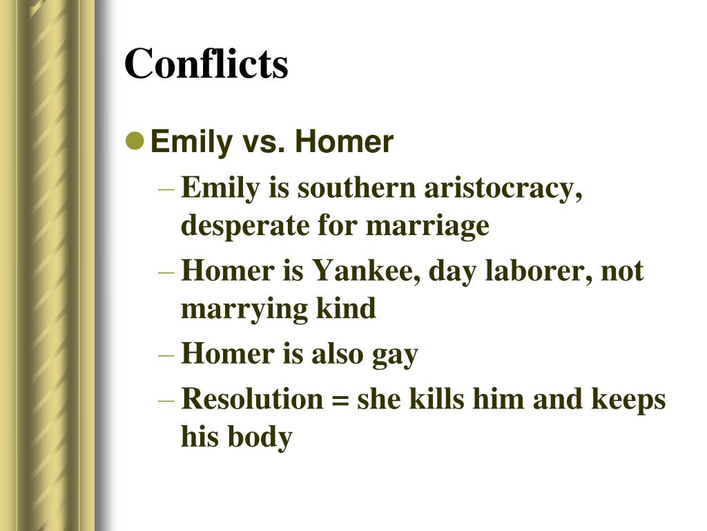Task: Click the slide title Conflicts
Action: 206,64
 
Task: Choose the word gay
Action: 395,355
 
